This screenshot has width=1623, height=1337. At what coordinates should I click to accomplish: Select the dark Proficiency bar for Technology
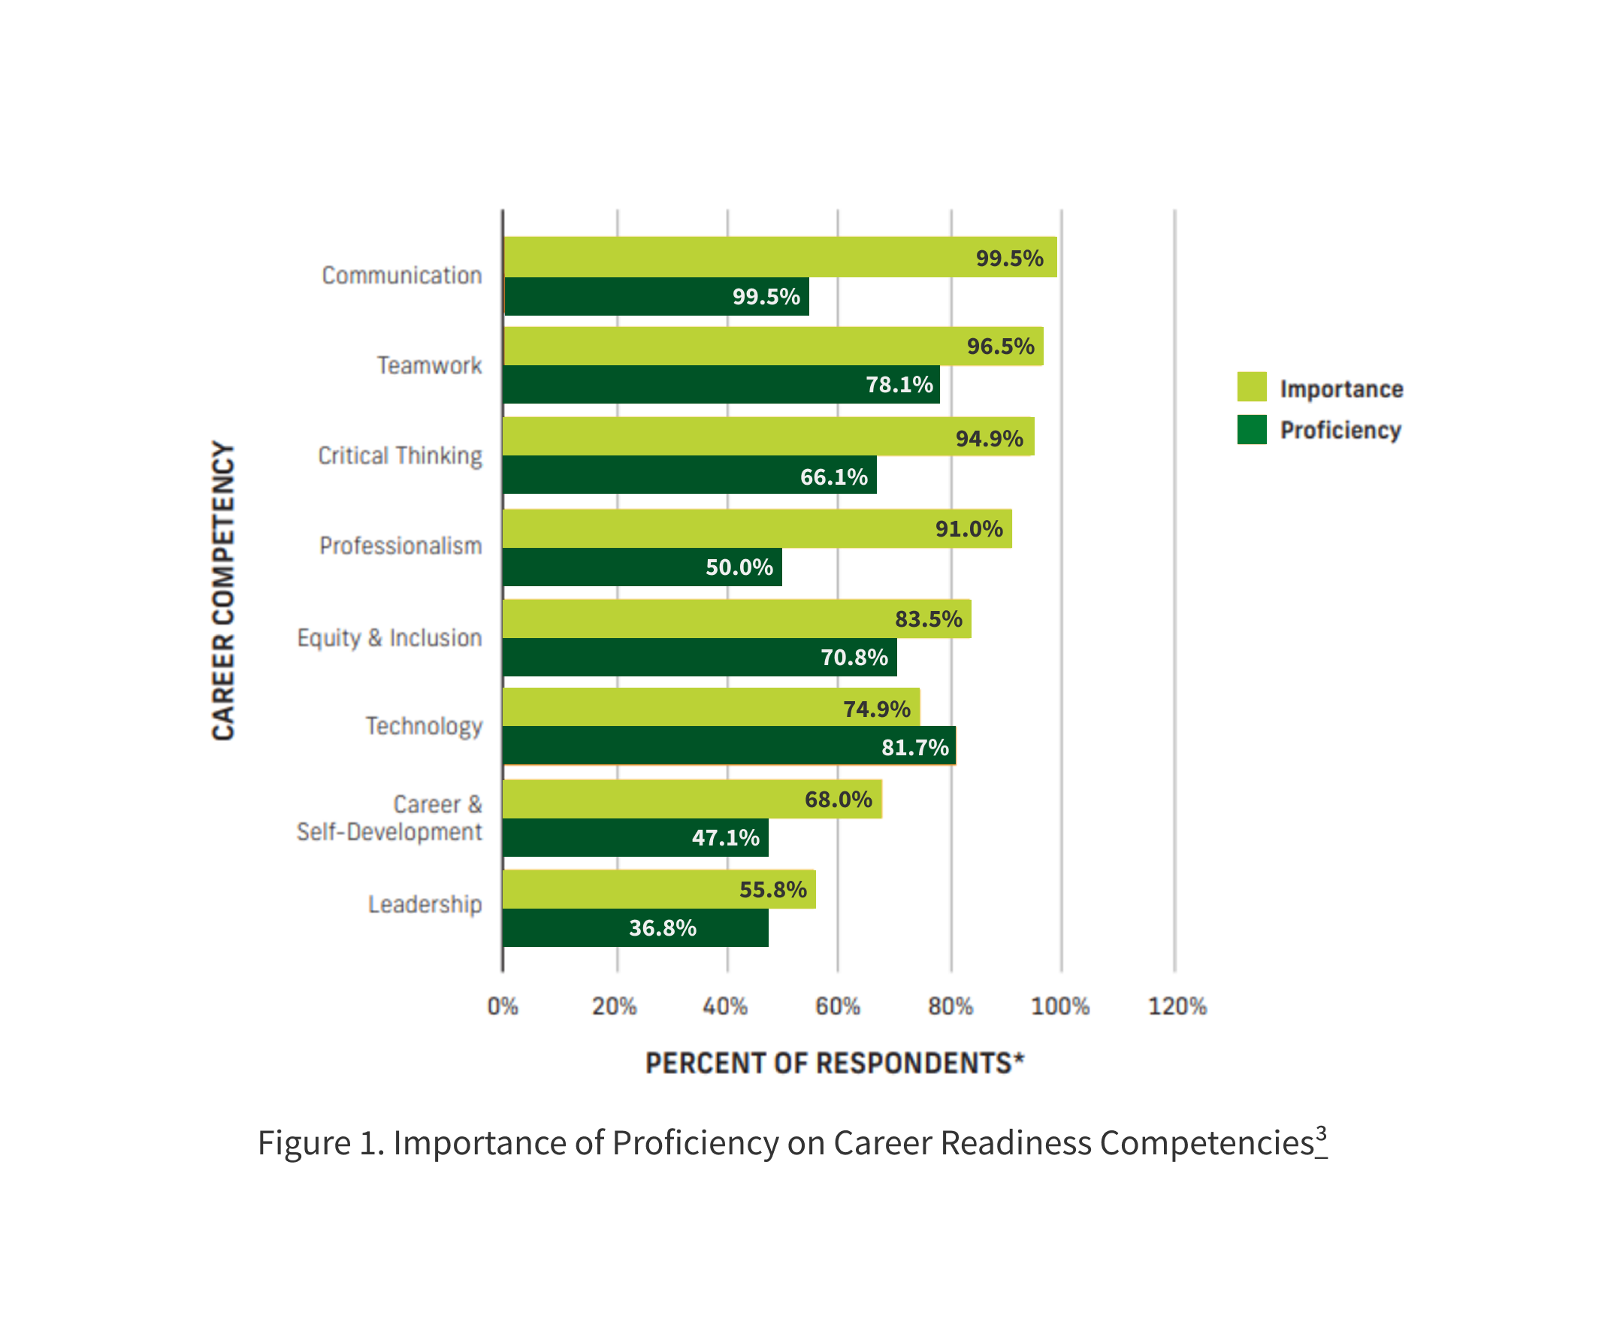click(x=728, y=746)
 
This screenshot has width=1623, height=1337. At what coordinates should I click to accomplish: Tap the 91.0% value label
click(x=969, y=529)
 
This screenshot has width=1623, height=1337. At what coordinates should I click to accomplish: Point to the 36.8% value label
click(x=662, y=928)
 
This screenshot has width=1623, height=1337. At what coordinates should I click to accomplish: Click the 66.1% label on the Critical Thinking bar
click(x=834, y=476)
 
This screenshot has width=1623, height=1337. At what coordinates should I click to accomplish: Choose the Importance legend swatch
click(x=1251, y=386)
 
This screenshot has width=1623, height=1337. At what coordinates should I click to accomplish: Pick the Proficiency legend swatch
click(x=1251, y=430)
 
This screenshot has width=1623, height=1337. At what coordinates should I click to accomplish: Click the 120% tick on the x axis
click(x=1177, y=1006)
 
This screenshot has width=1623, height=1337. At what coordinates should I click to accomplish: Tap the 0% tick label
click(x=503, y=1006)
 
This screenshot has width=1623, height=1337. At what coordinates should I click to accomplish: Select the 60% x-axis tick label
click(x=838, y=1006)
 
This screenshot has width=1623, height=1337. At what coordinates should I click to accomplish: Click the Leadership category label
click(x=425, y=904)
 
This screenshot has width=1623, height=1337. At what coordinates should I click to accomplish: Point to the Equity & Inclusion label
click(x=389, y=638)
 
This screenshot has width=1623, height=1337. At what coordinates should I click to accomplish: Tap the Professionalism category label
click(x=401, y=546)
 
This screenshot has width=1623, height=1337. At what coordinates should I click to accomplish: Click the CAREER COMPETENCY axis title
click(x=223, y=590)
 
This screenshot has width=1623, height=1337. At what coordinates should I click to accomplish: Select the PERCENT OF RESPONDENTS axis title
click(x=835, y=1063)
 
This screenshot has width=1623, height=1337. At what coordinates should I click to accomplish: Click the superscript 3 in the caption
click(x=1321, y=1134)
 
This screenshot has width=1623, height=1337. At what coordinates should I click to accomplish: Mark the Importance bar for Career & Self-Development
click(x=691, y=799)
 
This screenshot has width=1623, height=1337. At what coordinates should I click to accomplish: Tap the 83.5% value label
click(x=929, y=619)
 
